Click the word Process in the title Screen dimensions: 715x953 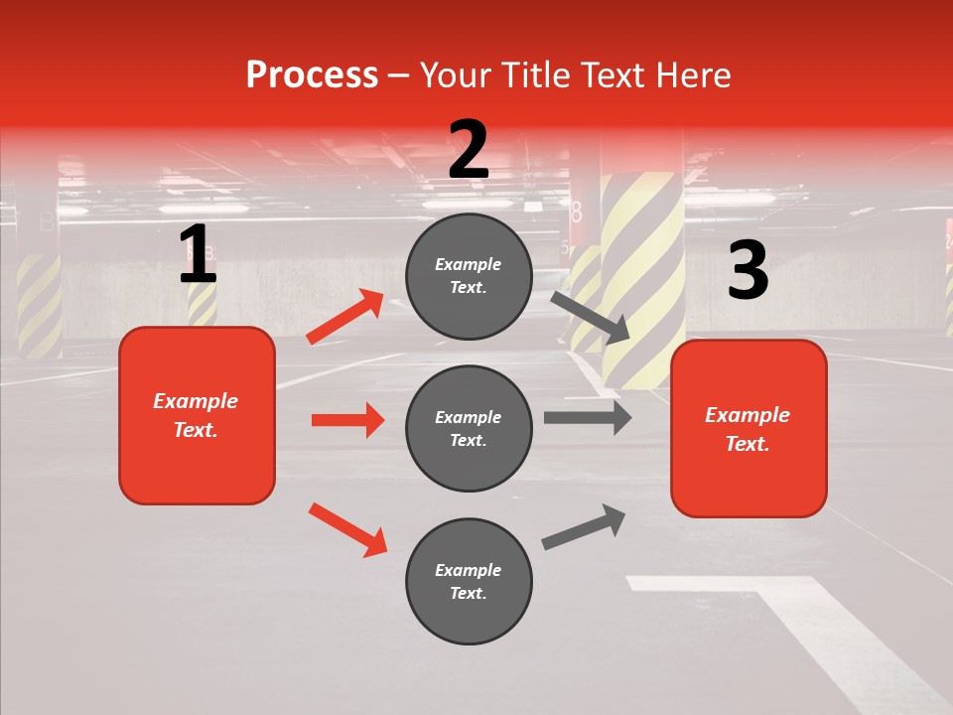312,75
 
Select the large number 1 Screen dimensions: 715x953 198,255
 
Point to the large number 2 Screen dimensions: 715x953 469,150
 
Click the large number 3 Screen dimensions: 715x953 748,271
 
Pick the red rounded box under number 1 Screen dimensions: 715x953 197,415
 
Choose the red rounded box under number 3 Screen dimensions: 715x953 749,428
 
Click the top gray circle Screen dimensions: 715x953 469,275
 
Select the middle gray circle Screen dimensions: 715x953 469,428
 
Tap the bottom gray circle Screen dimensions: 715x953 469,581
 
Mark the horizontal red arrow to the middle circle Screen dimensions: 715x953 347,420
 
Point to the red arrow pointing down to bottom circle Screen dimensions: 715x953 347,528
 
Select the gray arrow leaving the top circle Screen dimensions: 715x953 590,317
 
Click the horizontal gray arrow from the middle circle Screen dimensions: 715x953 588,418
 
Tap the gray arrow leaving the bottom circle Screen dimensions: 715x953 584,526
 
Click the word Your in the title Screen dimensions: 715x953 455,75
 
